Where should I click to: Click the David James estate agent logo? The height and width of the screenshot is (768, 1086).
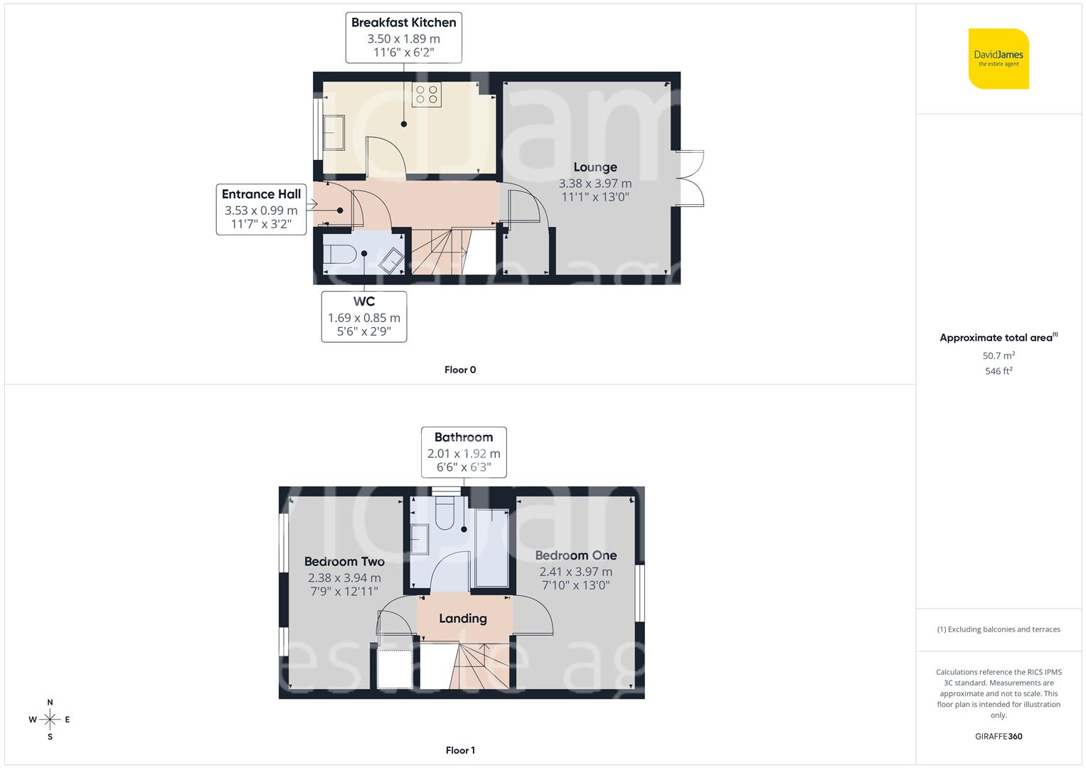pyautogui.click(x=999, y=58)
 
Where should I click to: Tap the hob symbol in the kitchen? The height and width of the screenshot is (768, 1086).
pyautogui.click(x=427, y=95)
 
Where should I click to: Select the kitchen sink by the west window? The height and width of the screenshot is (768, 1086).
pyautogui.click(x=334, y=132)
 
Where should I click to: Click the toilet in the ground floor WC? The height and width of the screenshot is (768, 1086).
pyautogui.click(x=339, y=255)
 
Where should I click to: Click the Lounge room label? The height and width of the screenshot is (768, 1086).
pyautogui.click(x=595, y=167)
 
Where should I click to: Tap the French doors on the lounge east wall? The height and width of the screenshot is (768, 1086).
pyautogui.click(x=689, y=178)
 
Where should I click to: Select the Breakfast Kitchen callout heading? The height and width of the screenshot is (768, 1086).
pyautogui.click(x=403, y=23)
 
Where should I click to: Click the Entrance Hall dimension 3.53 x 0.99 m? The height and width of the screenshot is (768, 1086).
pyautogui.click(x=261, y=210)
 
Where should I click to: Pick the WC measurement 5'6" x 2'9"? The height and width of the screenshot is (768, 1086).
pyautogui.click(x=364, y=331)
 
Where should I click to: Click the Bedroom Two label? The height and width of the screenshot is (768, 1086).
pyautogui.click(x=344, y=562)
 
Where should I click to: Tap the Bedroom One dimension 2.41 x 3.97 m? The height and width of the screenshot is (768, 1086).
pyautogui.click(x=575, y=572)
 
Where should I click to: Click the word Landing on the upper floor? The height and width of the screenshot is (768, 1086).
pyautogui.click(x=463, y=619)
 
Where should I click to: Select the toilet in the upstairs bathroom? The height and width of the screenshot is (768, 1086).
pyautogui.click(x=444, y=514)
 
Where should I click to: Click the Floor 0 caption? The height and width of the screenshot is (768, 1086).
pyautogui.click(x=460, y=370)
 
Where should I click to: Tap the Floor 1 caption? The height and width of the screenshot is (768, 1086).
pyautogui.click(x=460, y=750)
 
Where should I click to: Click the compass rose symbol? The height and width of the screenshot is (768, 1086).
pyautogui.click(x=50, y=720)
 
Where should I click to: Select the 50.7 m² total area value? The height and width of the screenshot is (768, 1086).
pyautogui.click(x=999, y=356)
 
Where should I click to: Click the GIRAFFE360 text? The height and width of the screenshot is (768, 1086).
pyautogui.click(x=999, y=737)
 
